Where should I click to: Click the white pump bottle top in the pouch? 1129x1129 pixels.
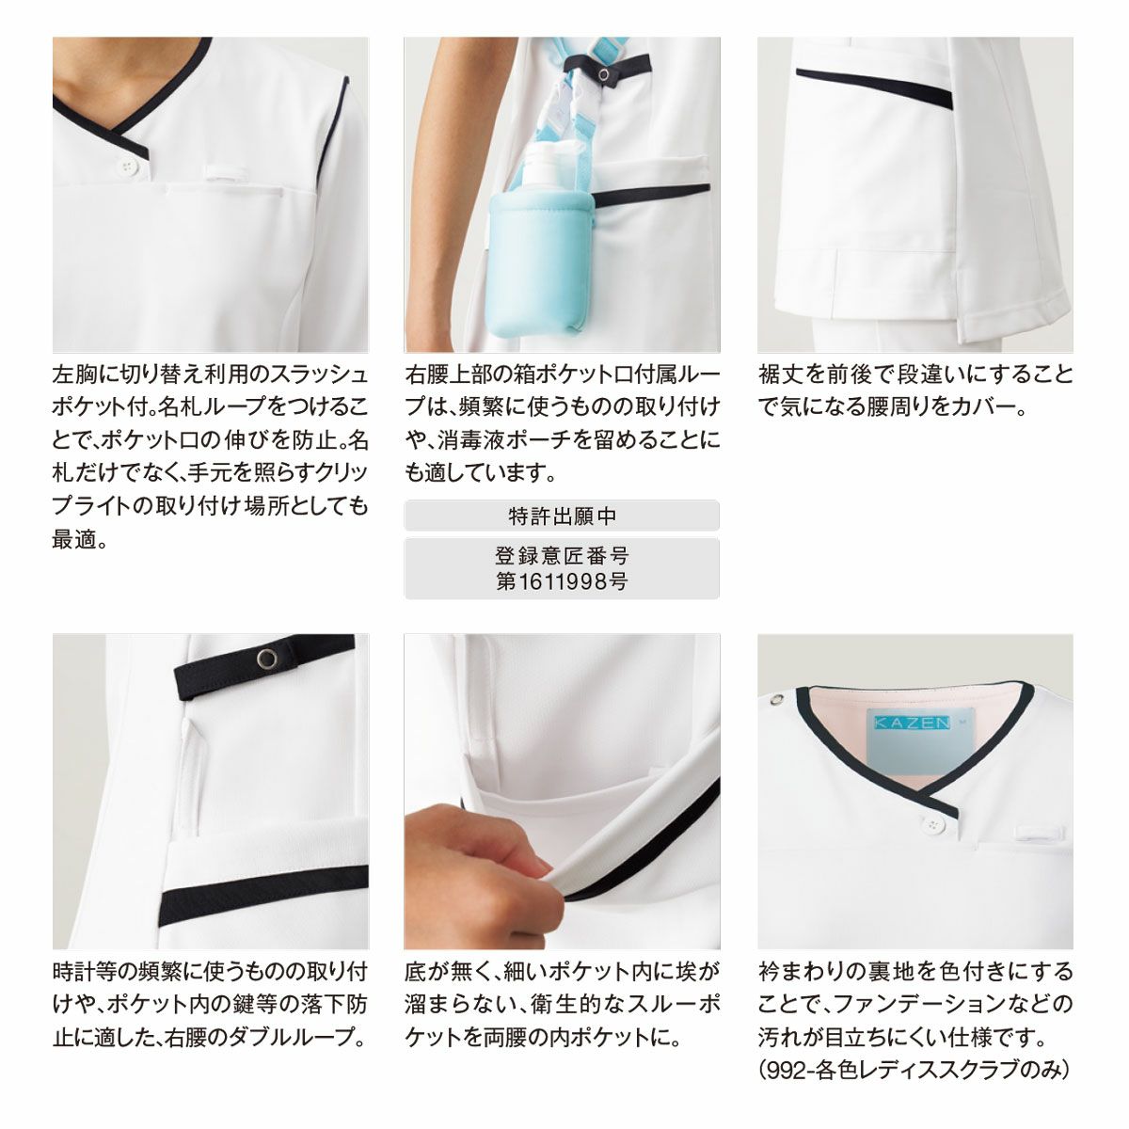(542, 166)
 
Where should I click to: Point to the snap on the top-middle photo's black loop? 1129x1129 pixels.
(602, 74)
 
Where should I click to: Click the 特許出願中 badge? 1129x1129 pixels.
(562, 516)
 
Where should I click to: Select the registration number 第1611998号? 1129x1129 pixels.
(562, 581)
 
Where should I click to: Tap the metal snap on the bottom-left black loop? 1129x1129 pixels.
(267, 659)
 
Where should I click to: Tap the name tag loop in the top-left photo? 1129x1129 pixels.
(227, 173)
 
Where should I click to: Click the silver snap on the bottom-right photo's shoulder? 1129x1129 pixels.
(777, 699)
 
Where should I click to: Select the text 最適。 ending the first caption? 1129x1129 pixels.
(80, 539)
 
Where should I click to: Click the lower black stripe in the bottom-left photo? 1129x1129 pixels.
(264, 894)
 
